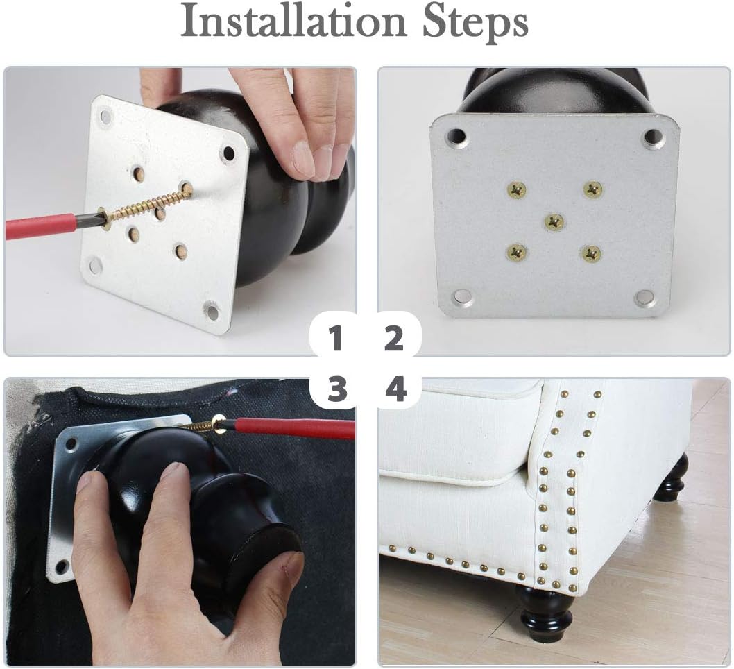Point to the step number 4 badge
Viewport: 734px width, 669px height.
(396, 389)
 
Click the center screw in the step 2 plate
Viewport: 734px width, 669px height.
(554, 221)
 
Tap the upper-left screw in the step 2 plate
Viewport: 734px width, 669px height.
(516, 190)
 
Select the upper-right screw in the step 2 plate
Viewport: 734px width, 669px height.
(592, 189)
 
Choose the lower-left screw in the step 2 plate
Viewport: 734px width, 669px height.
(516, 253)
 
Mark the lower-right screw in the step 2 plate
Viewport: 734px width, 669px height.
(591, 254)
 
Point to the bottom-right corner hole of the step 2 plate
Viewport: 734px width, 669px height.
(645, 297)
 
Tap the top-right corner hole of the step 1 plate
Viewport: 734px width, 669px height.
(229, 153)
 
